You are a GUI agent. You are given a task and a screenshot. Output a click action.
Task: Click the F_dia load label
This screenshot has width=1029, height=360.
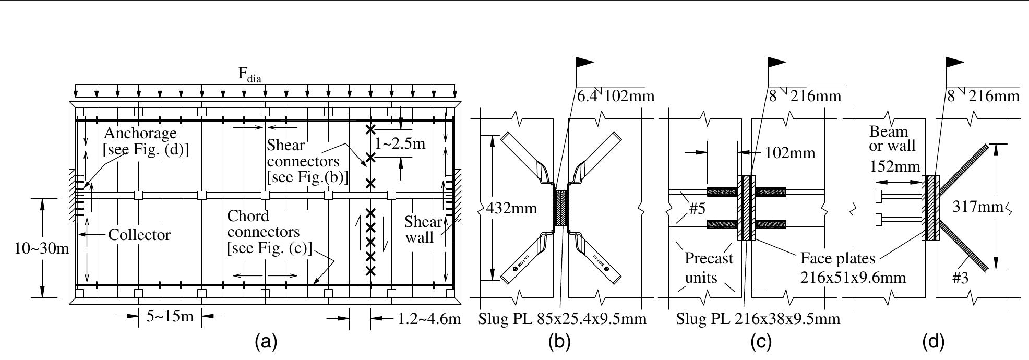click(249, 75)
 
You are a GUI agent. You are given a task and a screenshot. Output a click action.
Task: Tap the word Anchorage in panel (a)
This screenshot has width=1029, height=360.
click(140, 134)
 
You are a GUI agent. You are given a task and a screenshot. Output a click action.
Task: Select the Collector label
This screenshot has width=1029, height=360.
click(139, 235)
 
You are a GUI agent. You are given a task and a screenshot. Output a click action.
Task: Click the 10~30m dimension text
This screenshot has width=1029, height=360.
click(34, 248)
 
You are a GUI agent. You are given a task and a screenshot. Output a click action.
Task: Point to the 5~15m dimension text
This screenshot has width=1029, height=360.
click(170, 316)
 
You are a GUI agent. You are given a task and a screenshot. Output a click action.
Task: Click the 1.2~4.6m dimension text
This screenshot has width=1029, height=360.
click(429, 318)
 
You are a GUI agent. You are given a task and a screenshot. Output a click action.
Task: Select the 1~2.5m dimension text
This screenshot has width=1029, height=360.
click(400, 143)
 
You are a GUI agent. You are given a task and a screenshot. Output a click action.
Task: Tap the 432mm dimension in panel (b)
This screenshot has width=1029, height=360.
click(511, 208)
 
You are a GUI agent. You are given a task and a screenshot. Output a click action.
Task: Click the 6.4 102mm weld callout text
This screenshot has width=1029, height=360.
click(615, 96)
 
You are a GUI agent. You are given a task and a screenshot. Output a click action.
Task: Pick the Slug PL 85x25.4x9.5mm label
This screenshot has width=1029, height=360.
click(562, 318)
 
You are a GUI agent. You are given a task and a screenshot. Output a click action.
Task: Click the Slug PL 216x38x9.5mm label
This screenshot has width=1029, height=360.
click(758, 318)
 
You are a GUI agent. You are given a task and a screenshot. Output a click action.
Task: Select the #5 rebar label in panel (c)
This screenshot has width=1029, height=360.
click(697, 209)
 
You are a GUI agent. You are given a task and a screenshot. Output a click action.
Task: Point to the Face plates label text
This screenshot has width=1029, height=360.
click(837, 258)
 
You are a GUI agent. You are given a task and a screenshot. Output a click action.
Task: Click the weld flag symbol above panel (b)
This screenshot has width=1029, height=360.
click(584, 63)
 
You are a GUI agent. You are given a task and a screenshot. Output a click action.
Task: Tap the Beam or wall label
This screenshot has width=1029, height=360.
click(892, 139)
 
